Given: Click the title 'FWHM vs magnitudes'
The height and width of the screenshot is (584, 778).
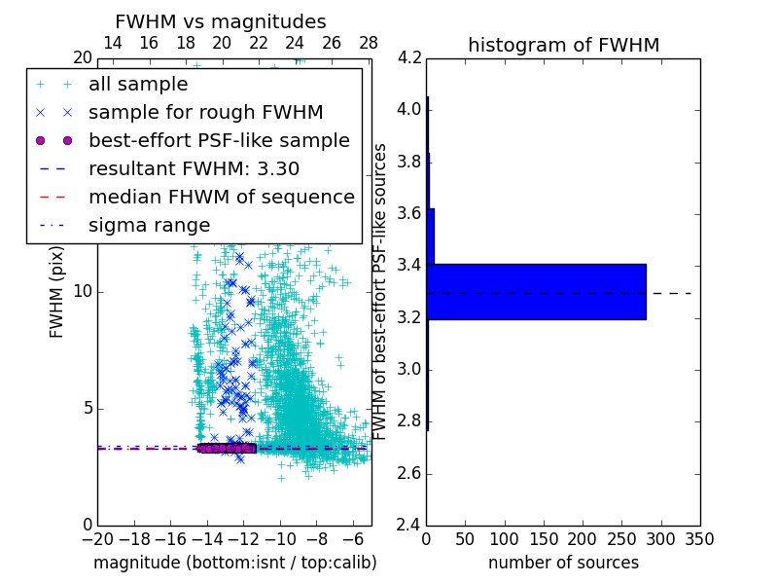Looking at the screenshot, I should pos(221,21).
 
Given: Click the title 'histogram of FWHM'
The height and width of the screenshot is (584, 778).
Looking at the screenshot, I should pos(563,45).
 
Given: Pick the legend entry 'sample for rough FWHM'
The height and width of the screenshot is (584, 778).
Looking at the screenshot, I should pos(205,112).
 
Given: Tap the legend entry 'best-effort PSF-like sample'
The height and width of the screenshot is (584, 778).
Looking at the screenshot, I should pos(219,140).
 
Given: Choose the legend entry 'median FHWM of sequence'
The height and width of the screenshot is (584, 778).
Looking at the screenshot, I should pos(221,197).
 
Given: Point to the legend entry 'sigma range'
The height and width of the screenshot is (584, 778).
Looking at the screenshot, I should pos(149,225).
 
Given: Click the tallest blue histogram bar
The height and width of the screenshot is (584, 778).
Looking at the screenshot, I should pos(536,291).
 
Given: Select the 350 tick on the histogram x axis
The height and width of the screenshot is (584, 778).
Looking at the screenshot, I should pos(699,539).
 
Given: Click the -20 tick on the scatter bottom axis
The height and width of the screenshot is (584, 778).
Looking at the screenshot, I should pos(97,539).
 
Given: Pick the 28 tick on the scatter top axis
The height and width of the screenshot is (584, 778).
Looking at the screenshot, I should pos(369,43).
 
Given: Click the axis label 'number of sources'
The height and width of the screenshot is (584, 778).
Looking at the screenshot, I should pos(563,563).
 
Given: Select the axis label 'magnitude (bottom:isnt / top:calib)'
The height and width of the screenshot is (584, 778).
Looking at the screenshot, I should pos(234,563).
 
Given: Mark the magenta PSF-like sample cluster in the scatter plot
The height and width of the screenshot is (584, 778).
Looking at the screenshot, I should pos(226,448).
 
